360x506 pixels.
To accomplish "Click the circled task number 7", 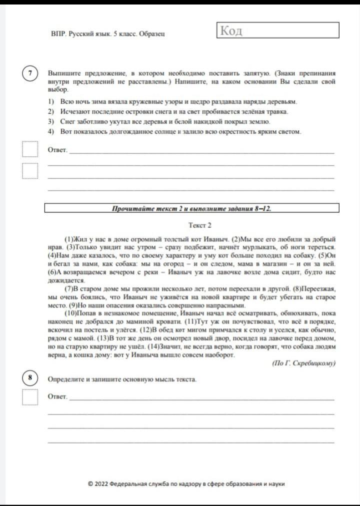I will [30, 73].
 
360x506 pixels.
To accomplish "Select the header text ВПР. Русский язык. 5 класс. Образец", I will [108, 34].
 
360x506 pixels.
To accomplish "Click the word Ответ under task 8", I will [57, 396].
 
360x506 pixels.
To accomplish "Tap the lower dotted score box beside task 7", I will [30, 170].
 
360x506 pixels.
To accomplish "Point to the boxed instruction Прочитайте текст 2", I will [192, 208].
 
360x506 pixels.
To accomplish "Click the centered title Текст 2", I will [200, 225].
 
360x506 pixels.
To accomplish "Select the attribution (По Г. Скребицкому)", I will [303, 363].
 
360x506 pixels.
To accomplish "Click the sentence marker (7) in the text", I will [71, 288].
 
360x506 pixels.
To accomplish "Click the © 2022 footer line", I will [186, 484].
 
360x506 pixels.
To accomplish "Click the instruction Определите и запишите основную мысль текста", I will [122, 379].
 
